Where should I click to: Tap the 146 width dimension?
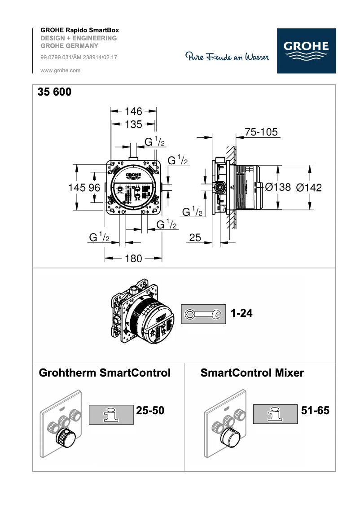(x=133, y=111)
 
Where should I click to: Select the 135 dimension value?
(x=133, y=124)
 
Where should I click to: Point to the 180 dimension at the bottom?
(x=133, y=258)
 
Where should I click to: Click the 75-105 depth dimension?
(x=261, y=132)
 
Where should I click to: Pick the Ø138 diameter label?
(x=278, y=187)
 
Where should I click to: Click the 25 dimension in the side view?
(x=195, y=238)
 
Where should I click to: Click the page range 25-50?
(x=150, y=410)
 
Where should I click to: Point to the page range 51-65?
(x=315, y=410)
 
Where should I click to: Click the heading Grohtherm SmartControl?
(x=105, y=373)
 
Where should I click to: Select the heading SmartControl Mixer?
(x=252, y=373)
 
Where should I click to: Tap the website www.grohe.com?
(x=61, y=70)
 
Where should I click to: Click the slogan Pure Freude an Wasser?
(x=227, y=57)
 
